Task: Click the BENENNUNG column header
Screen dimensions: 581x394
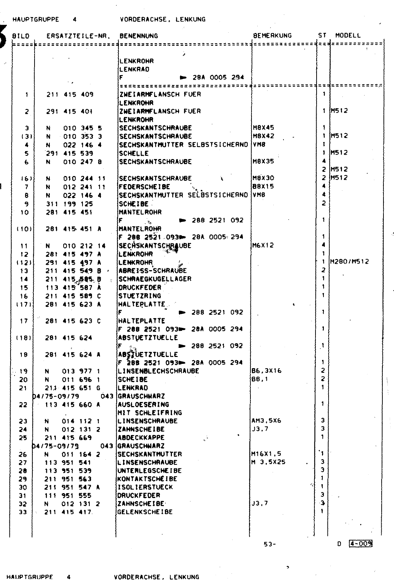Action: tap(138, 36)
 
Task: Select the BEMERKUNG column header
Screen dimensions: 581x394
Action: tap(272, 36)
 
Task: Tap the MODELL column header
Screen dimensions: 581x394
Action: tap(348, 36)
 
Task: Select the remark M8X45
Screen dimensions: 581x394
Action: tap(263, 128)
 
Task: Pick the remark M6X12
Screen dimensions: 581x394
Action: tap(263, 245)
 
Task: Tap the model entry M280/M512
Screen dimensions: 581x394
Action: tap(349, 262)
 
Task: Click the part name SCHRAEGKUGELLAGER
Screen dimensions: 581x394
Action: tap(155, 279)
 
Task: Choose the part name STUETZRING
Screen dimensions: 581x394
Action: tap(140, 296)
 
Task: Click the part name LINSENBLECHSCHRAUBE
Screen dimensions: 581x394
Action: tap(158, 371)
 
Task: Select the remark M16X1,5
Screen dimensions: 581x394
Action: tap(266, 454)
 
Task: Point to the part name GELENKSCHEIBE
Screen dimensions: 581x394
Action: tap(145, 512)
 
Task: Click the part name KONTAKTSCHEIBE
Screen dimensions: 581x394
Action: tap(147, 479)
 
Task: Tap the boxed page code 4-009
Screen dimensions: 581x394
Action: tap(361, 544)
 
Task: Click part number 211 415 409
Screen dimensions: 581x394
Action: tap(70, 94)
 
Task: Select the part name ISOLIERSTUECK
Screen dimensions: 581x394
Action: tap(145, 487)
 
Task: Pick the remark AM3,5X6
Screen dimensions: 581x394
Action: tap(266, 421)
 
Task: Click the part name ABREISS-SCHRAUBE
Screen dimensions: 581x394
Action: tap(152, 271)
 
